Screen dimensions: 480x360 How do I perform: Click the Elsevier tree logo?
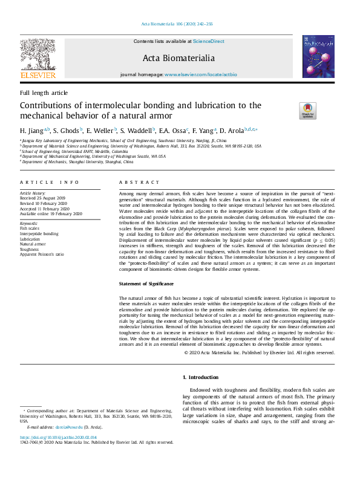(x=38, y=57)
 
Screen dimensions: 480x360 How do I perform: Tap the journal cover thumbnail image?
(x=319, y=56)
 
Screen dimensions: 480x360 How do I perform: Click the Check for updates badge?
(x=307, y=111)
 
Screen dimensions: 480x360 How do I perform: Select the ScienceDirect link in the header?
(x=208, y=41)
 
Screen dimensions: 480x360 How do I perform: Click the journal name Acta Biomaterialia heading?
(x=178, y=58)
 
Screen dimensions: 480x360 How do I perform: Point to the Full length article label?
(x=44, y=92)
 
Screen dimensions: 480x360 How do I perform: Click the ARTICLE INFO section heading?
(x=49, y=182)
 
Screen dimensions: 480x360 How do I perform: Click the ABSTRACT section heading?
(x=140, y=182)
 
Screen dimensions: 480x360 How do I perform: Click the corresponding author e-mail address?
(x=67, y=427)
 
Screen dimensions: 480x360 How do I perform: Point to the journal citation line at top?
(x=177, y=24)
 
